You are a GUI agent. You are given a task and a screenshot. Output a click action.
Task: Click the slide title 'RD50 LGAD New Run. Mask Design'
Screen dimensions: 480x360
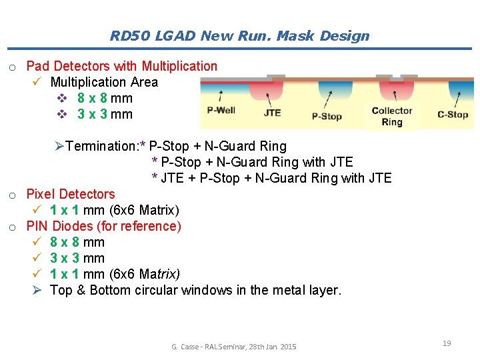point(239,36)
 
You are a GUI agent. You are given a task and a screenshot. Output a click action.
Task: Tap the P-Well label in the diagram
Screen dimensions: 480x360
point(221,110)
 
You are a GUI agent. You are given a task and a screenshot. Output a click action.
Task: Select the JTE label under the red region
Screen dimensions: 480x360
point(272,113)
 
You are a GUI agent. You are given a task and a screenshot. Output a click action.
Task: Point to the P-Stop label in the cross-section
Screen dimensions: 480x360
point(327,116)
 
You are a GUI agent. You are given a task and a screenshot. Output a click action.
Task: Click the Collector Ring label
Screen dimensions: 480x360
point(392,116)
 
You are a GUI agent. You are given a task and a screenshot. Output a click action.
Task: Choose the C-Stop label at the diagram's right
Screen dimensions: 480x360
point(453,114)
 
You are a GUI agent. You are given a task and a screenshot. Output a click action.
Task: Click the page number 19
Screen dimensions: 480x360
point(447,343)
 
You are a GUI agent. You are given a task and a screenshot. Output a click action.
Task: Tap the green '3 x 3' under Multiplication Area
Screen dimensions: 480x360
point(93,114)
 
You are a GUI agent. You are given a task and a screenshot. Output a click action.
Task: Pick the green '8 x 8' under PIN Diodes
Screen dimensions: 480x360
point(65,242)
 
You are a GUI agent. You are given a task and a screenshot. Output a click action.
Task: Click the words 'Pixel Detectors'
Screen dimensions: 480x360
point(70,194)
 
